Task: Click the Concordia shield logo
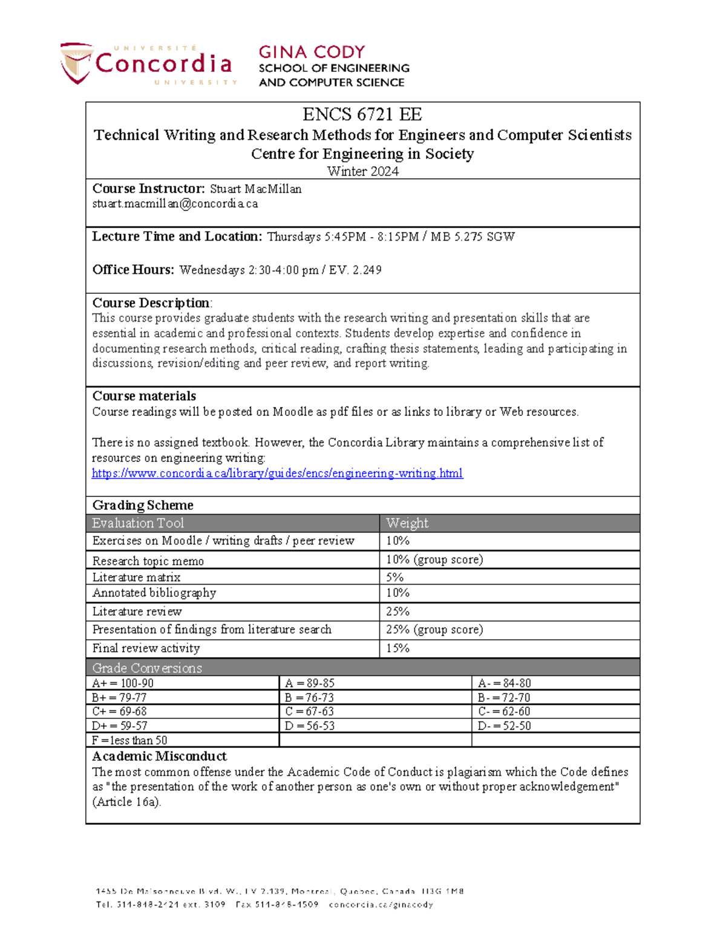click(x=76, y=63)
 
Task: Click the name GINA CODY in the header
click(x=312, y=52)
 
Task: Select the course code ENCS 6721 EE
click(x=362, y=114)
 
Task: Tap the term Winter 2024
click(x=362, y=171)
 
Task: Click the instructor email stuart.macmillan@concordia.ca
click(x=175, y=204)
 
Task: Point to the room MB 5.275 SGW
click(x=473, y=236)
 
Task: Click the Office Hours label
click(x=133, y=270)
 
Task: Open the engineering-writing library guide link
click(x=277, y=473)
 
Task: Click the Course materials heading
click(x=144, y=396)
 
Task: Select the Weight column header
click(x=407, y=523)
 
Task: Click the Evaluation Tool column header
click(x=138, y=523)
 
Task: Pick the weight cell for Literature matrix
click(x=394, y=577)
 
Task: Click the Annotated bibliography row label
click(x=154, y=593)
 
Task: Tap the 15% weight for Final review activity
click(x=397, y=648)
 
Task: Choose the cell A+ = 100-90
click(x=123, y=683)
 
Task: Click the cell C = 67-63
click(x=309, y=711)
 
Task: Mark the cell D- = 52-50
click(x=504, y=726)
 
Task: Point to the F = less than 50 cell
click(x=129, y=740)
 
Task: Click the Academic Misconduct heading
click(x=159, y=756)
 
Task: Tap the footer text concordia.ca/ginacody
click(x=381, y=905)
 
